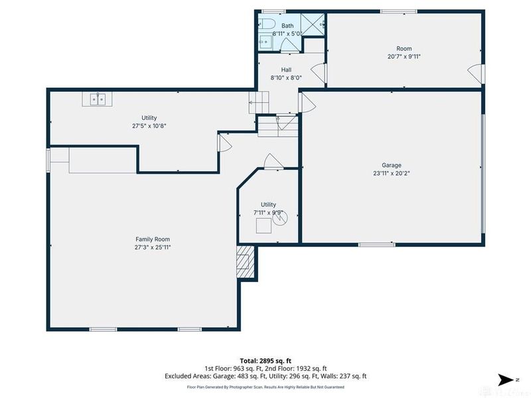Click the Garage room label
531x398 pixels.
[x=391, y=165]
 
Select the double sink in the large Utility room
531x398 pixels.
[x=98, y=99]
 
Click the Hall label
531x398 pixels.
[x=286, y=69]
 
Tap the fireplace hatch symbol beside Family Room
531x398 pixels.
[x=245, y=261]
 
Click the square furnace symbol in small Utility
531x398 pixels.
[x=264, y=226]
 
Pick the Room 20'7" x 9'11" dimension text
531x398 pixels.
[x=404, y=57]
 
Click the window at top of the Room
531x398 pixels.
[x=398, y=11]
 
